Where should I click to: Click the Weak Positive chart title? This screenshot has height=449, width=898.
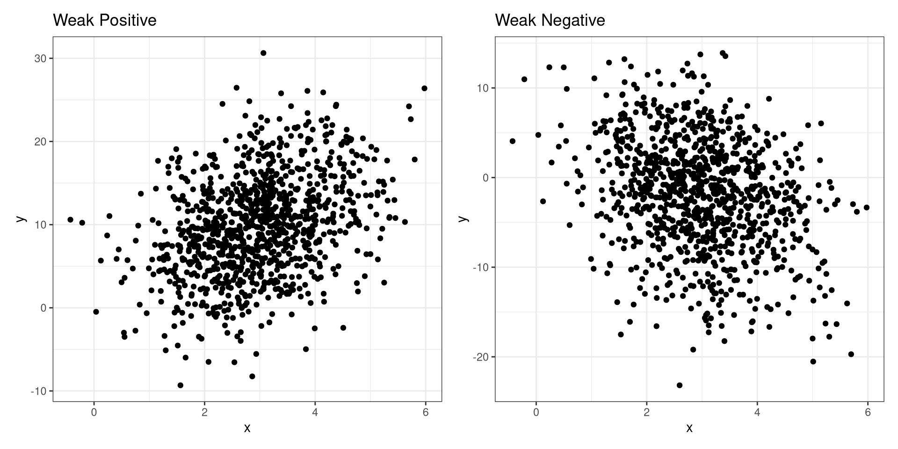coord(104,21)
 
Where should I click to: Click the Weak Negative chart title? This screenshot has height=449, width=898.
coord(550,21)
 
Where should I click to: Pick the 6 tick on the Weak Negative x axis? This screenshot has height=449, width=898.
coord(868,413)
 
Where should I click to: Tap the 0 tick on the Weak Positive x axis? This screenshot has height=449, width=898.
coord(94,413)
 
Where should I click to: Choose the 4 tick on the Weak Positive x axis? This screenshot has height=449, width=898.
coord(315,413)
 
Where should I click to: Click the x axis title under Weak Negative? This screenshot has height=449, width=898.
coord(689,428)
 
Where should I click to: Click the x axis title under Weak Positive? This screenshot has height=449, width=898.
coord(247,428)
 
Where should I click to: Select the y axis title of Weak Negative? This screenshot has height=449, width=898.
coord(463,219)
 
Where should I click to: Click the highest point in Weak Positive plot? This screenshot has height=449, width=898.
coord(263,53)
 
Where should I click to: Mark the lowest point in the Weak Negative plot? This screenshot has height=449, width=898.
coord(680,385)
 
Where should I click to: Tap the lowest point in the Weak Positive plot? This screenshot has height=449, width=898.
coord(181,385)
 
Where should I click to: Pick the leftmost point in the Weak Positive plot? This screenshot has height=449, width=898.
coord(70,219)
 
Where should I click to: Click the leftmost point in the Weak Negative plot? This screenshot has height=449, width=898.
coord(513,141)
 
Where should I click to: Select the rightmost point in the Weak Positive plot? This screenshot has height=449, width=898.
coord(424,88)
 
